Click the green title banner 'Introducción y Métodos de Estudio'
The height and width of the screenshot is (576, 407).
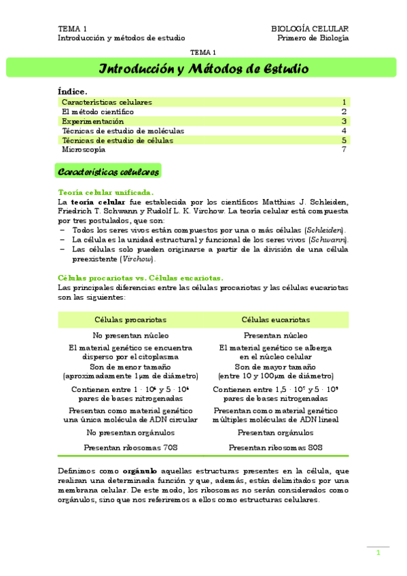click(x=204, y=69)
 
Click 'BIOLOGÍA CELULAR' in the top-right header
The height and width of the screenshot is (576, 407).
click(x=310, y=29)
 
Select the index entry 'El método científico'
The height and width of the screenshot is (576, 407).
click(x=98, y=111)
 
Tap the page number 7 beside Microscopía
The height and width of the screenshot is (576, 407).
click(x=344, y=149)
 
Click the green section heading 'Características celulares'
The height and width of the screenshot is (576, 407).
click(x=109, y=172)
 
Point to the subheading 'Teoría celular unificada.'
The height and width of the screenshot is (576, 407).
click(x=111, y=193)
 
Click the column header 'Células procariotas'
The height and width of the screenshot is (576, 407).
click(x=130, y=319)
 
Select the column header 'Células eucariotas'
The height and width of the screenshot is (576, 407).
click(x=276, y=319)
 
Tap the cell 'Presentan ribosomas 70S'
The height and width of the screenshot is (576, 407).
click(x=130, y=448)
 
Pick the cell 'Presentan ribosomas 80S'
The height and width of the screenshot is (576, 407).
click(x=276, y=448)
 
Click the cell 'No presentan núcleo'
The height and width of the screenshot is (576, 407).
click(x=130, y=336)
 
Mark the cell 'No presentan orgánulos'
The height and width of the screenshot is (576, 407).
click(x=130, y=433)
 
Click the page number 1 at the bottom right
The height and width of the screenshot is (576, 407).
click(x=378, y=554)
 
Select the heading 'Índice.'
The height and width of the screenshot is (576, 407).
click(x=73, y=92)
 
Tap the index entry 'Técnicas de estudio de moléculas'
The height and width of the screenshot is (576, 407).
click(x=123, y=130)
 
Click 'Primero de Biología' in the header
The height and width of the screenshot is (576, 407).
click(x=313, y=38)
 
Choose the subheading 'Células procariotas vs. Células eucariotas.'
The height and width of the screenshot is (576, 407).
click(x=141, y=278)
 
